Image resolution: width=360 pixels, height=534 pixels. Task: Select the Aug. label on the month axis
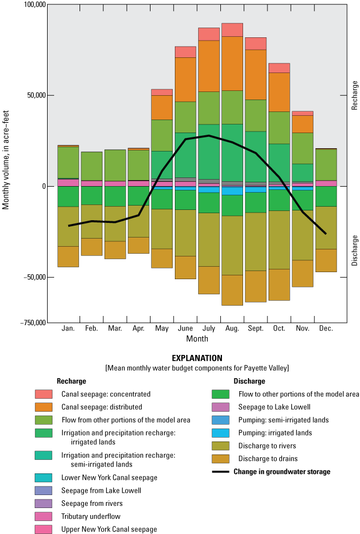(232, 328)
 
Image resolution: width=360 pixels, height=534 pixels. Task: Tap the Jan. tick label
(68, 328)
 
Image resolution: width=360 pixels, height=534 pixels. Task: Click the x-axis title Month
(197, 339)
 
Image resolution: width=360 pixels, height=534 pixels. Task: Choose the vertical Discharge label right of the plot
(355, 250)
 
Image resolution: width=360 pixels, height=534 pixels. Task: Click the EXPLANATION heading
(197, 358)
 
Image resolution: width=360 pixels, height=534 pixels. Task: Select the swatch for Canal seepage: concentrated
(44, 394)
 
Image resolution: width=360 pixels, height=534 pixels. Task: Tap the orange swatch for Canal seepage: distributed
(44, 407)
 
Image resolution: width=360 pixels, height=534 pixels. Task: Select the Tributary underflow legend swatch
(44, 516)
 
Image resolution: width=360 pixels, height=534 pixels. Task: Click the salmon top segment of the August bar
(232, 30)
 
